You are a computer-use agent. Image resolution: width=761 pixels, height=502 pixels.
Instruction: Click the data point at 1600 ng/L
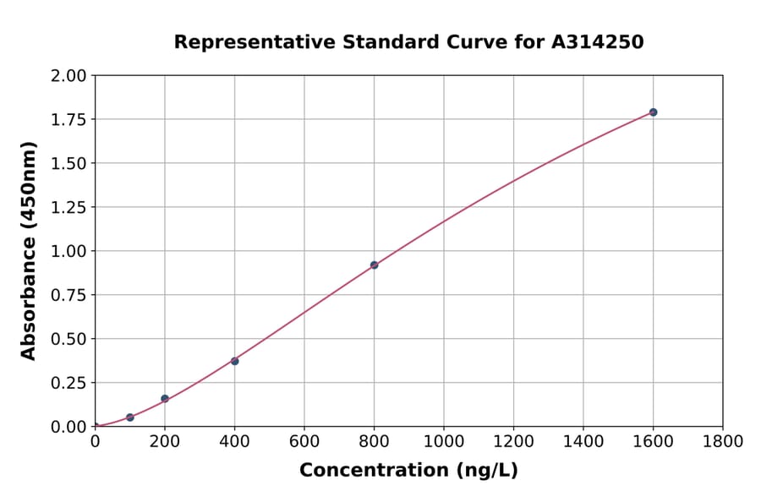pyautogui.click(x=653, y=112)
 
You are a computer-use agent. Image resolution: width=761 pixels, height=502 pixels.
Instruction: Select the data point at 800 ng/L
pyautogui.click(x=374, y=265)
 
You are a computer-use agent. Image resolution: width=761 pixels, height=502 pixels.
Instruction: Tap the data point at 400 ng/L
pyautogui.click(x=234, y=361)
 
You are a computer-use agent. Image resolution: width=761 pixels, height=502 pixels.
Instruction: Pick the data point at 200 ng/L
pyautogui.click(x=165, y=398)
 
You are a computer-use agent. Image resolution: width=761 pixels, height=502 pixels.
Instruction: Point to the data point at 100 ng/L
pyautogui.click(x=129, y=417)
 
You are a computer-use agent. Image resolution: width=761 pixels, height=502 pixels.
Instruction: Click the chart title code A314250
pyautogui.click(x=598, y=41)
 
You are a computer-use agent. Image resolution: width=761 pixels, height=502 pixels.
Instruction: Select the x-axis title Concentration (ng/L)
pyautogui.click(x=408, y=471)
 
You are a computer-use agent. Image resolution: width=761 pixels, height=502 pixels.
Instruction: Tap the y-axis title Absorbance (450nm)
pyautogui.click(x=29, y=251)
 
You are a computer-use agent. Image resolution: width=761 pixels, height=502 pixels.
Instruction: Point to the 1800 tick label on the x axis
pyautogui.click(x=722, y=441)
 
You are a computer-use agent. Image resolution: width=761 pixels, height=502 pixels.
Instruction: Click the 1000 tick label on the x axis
pyautogui.click(x=443, y=441)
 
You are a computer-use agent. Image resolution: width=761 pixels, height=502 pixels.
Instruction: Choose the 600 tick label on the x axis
pyautogui.click(x=304, y=441)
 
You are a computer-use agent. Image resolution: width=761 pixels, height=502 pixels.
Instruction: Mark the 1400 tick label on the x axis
pyautogui.click(x=583, y=441)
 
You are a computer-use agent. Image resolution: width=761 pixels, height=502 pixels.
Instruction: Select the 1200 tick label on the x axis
pyautogui.click(x=513, y=441)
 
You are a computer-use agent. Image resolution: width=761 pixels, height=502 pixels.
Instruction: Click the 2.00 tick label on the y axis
pyautogui.click(x=68, y=76)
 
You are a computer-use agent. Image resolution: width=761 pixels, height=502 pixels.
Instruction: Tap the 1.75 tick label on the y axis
pyautogui.click(x=68, y=120)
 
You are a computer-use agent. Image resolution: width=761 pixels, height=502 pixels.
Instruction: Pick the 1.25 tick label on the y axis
pyautogui.click(x=68, y=207)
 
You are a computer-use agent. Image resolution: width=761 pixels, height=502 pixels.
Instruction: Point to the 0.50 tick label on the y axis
pyautogui.click(x=68, y=339)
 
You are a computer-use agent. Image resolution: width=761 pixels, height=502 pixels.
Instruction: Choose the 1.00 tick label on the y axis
pyautogui.click(x=68, y=251)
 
